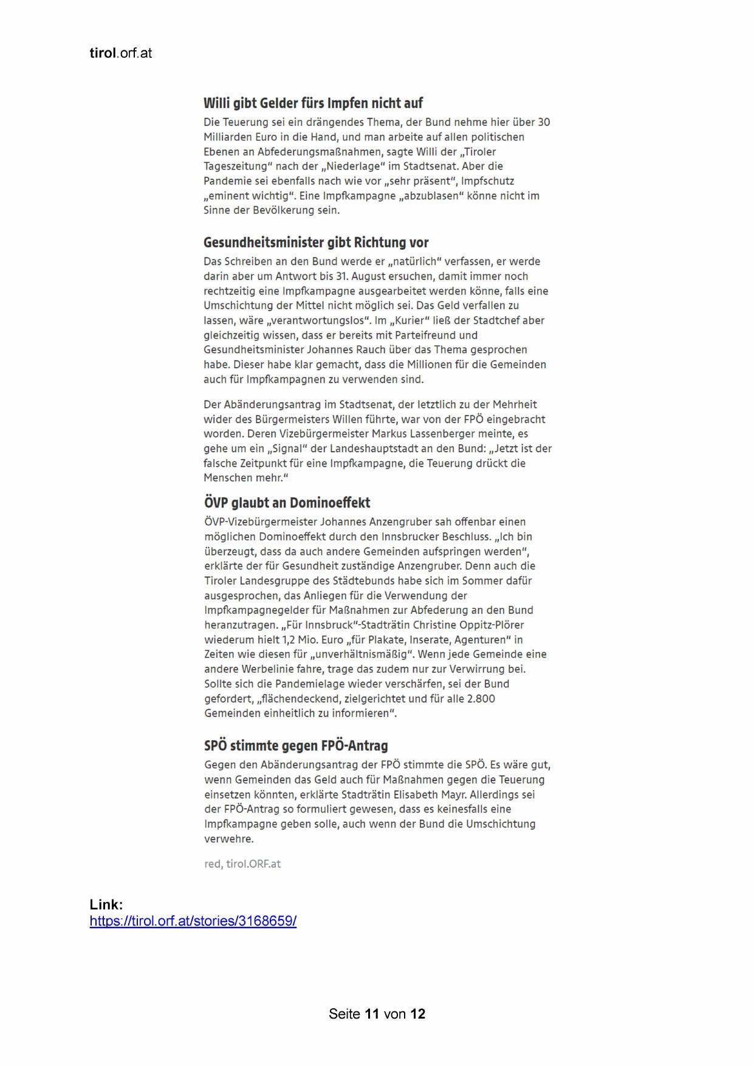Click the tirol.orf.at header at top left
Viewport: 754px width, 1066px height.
[120, 53]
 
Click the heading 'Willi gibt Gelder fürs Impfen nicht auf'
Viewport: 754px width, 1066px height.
[313, 103]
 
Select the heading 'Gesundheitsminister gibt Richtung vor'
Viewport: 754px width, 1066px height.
[316, 242]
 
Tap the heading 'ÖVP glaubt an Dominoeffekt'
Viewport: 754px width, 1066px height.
[287, 503]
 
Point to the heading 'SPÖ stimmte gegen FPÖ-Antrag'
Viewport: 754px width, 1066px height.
[296, 746]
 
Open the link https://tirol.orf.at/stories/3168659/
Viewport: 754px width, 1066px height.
[193, 921]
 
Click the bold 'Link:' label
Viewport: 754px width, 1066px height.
[106, 904]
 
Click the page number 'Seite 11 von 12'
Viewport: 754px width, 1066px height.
[377, 1014]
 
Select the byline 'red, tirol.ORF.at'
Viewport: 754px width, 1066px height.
[242, 864]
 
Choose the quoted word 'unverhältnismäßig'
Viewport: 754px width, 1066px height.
[362, 655]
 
